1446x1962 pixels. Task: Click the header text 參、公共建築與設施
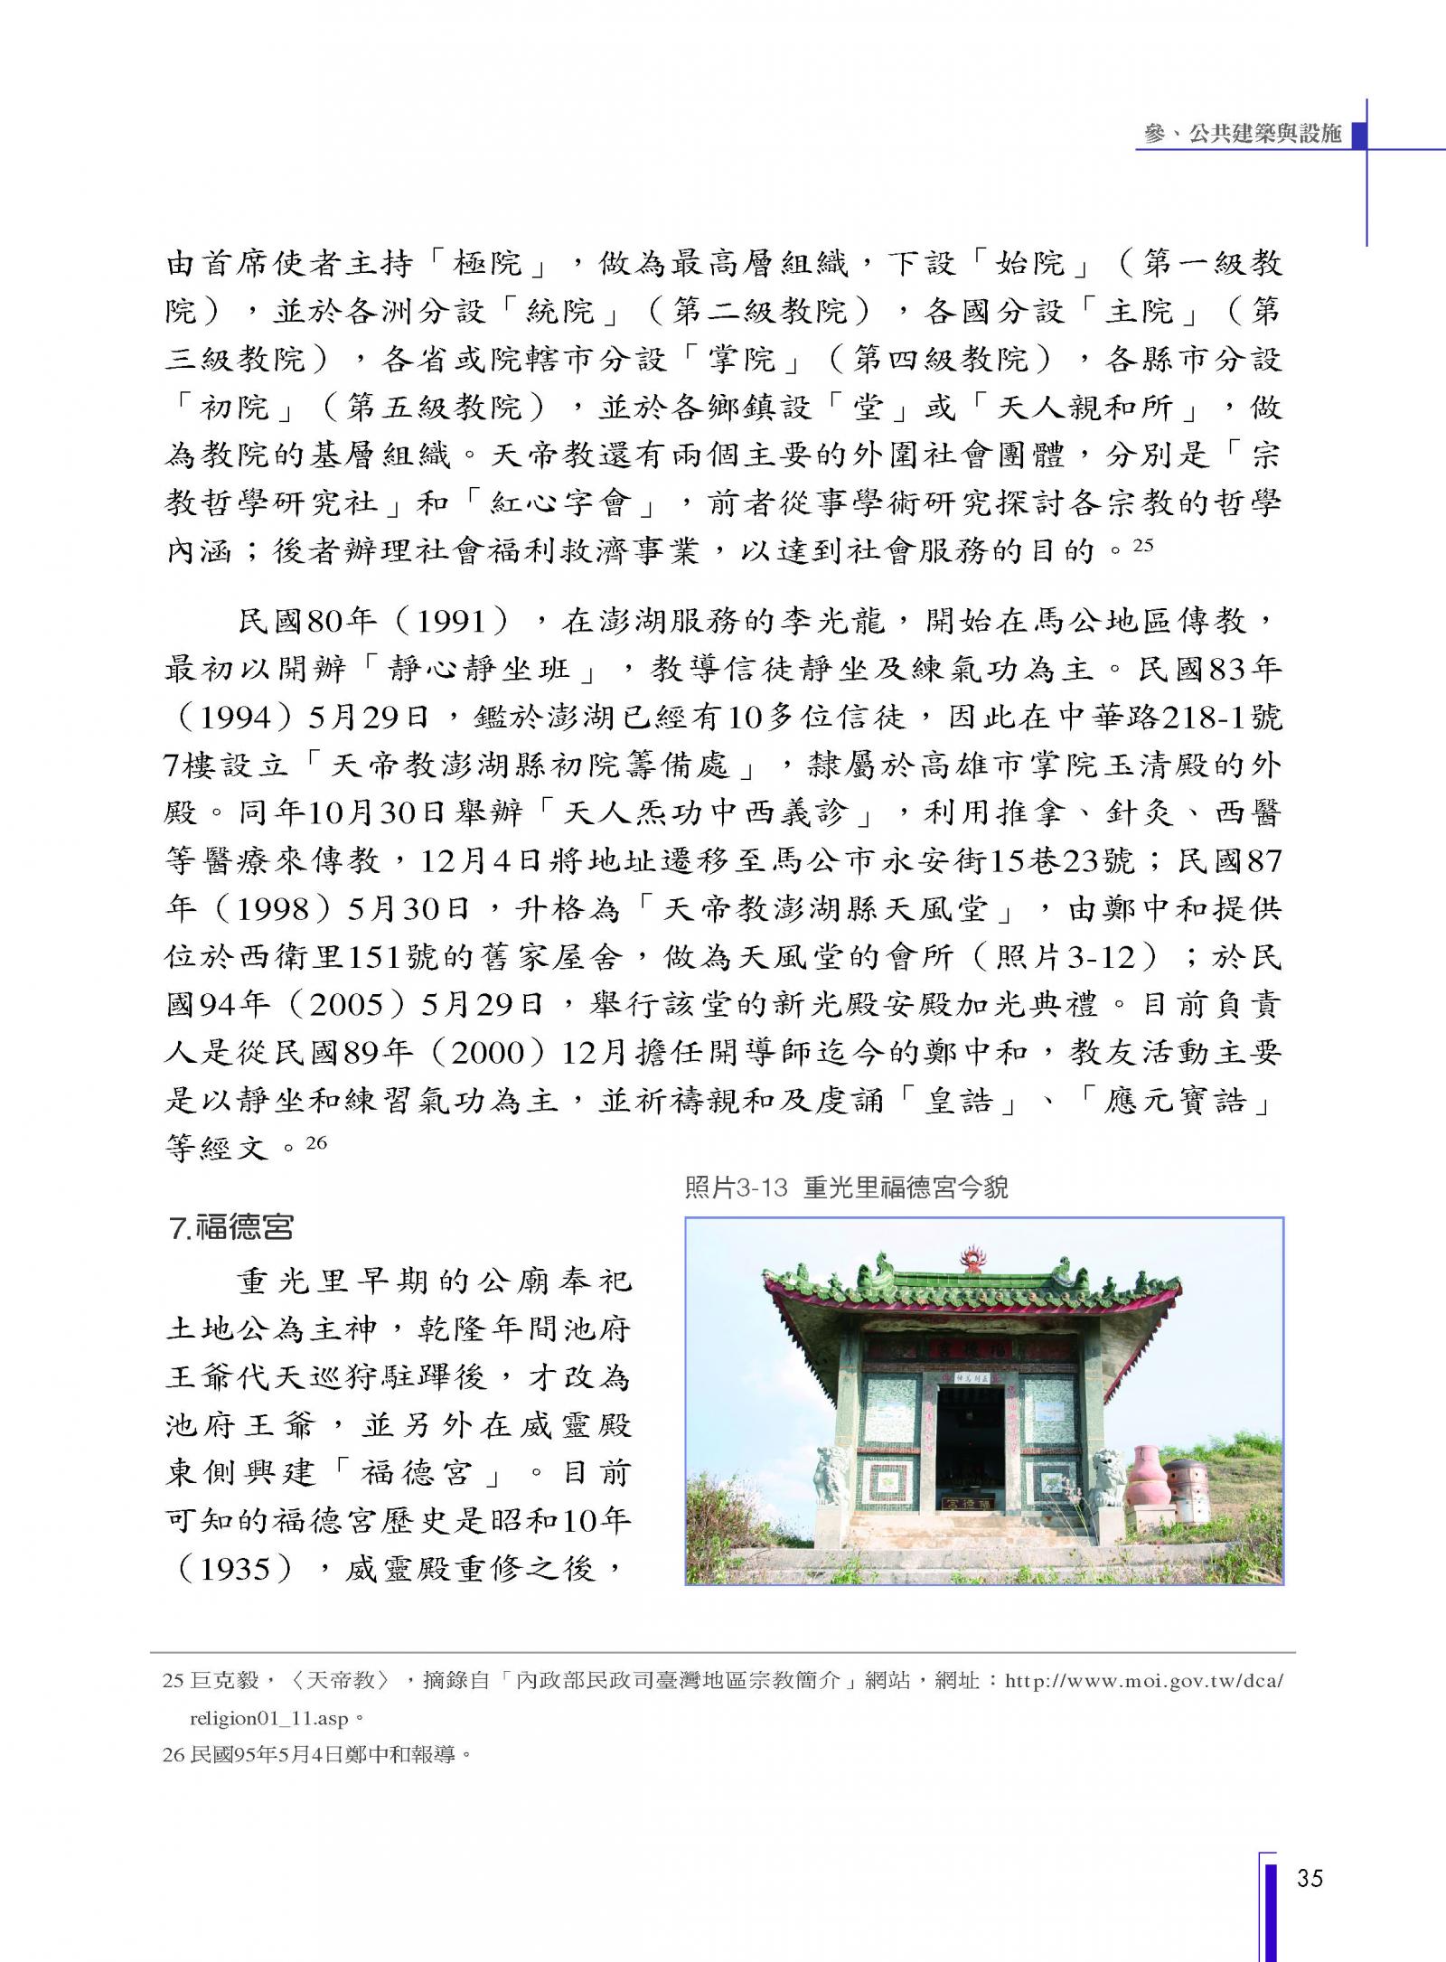click(1242, 134)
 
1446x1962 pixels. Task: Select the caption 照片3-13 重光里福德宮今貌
click(846, 1188)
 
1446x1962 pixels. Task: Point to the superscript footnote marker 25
click(1142, 545)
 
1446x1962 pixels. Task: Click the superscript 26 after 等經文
click(315, 1142)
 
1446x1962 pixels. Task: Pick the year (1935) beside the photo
click(236, 1570)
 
